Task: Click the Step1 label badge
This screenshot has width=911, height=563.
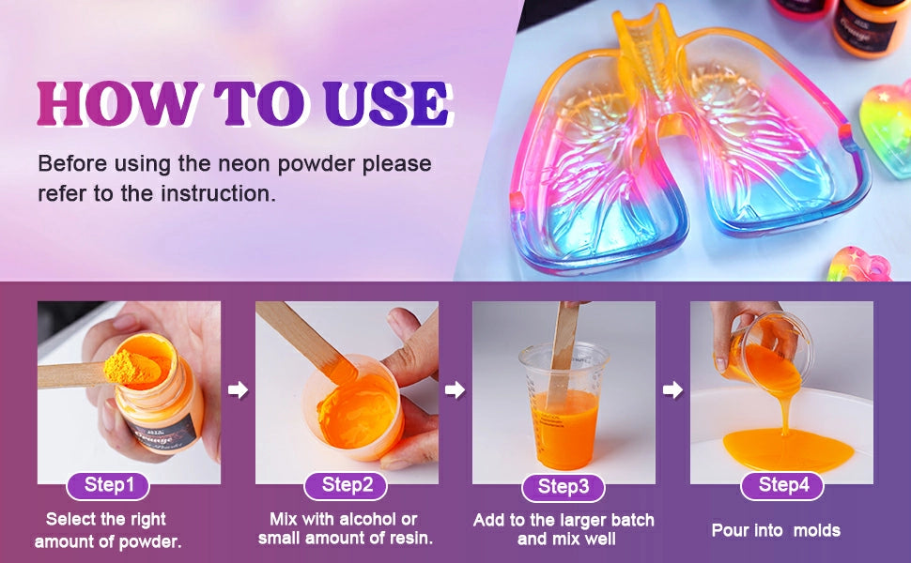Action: tap(108, 486)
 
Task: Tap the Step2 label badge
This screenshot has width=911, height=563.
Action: tap(346, 486)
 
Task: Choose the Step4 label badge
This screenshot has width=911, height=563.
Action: tap(782, 486)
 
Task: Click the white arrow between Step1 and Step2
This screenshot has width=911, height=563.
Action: tap(238, 389)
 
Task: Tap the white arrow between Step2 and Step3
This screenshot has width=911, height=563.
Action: tap(455, 389)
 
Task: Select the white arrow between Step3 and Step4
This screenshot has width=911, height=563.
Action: tap(672, 389)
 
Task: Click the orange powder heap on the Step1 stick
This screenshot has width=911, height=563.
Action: tap(132, 366)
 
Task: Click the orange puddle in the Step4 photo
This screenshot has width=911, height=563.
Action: tap(788, 449)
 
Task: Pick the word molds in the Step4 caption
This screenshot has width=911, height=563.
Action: tap(817, 530)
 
